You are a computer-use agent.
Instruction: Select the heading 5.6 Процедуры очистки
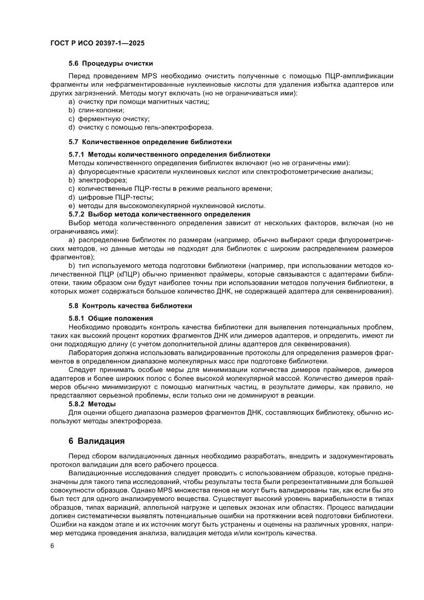(111, 64)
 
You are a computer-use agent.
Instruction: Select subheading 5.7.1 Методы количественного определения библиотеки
(169, 154)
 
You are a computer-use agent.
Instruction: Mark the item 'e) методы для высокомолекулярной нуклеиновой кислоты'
(167, 206)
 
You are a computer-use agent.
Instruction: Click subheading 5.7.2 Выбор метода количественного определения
(159, 214)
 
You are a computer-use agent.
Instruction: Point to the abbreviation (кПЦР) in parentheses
(124, 275)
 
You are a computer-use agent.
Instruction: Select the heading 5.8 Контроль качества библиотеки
(130, 306)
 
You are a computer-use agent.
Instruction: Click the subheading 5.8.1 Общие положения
(111, 318)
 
